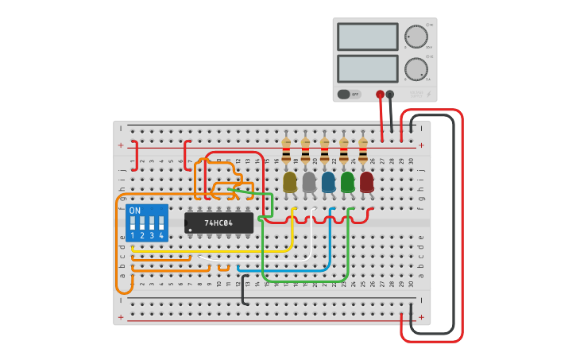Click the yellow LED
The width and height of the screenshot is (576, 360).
pyautogui.click(x=290, y=182)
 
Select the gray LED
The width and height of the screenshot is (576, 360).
pyautogui.click(x=309, y=182)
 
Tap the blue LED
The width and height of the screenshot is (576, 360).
pyautogui.click(x=328, y=182)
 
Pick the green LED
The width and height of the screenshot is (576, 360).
pyautogui.click(x=347, y=182)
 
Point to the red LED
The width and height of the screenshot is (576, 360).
pyautogui.click(x=366, y=182)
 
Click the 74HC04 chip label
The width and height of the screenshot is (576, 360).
pyautogui.click(x=218, y=223)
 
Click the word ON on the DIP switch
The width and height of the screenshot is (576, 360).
pyautogui.click(x=135, y=211)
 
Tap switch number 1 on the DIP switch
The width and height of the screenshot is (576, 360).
pyautogui.click(x=133, y=223)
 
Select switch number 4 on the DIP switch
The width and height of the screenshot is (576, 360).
pyautogui.click(x=161, y=223)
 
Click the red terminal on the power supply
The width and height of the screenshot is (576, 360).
pyautogui.click(x=380, y=94)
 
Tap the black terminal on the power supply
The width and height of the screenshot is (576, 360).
pyautogui.click(x=390, y=94)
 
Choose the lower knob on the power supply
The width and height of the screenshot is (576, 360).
pyautogui.click(x=416, y=69)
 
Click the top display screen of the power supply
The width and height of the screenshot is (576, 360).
pyautogui.click(x=367, y=37)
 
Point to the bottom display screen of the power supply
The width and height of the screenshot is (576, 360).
pyautogui.click(x=367, y=68)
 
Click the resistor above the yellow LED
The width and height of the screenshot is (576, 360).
pyautogui.click(x=286, y=151)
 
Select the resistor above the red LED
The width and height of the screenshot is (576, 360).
pyautogui.click(x=363, y=151)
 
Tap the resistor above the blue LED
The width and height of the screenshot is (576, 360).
pyautogui.click(x=324, y=151)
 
